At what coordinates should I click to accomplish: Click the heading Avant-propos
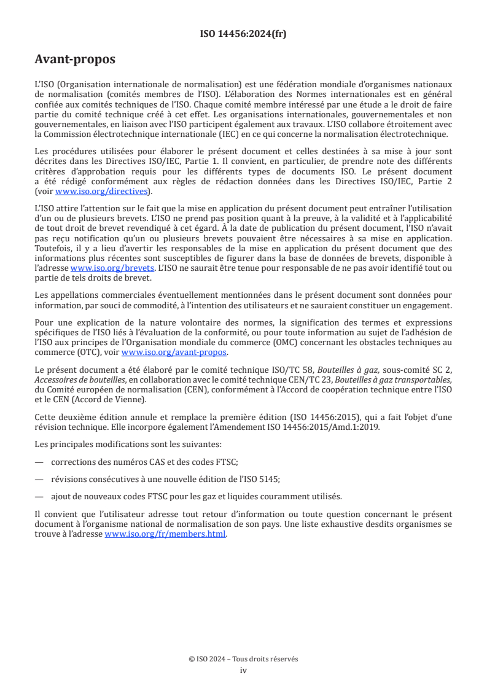click(x=75, y=60)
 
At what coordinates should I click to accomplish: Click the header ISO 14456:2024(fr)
click(x=243, y=34)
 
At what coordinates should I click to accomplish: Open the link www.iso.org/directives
click(x=101, y=191)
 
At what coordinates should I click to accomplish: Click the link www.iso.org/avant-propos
click(x=174, y=352)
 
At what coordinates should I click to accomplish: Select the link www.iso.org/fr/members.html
click(x=166, y=534)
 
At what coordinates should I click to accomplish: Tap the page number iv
click(x=243, y=670)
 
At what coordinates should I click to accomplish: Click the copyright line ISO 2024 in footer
click(x=243, y=659)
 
